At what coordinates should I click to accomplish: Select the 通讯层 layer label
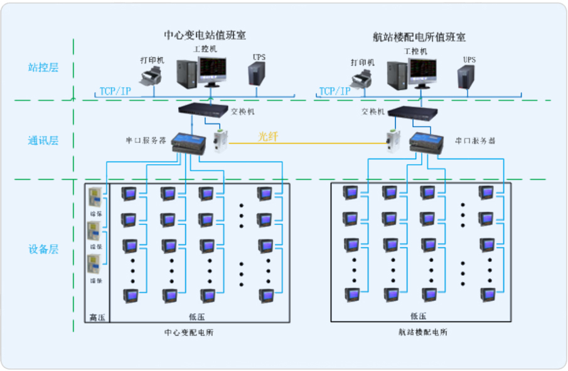pyautogui.click(x=43, y=140)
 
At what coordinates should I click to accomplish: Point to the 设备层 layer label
pyautogui.click(x=43, y=249)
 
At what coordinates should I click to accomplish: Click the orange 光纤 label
pyautogui.click(x=267, y=136)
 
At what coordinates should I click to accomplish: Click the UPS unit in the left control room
pyautogui.click(x=255, y=73)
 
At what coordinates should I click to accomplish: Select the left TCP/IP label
pyautogui.click(x=115, y=91)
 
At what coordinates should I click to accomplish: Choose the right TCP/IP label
pyautogui.click(x=335, y=91)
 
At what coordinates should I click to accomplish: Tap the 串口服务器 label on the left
pyautogui.click(x=146, y=141)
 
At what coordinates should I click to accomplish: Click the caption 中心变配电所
pyautogui.click(x=188, y=332)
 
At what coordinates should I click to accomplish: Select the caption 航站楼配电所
pyautogui.click(x=422, y=332)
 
